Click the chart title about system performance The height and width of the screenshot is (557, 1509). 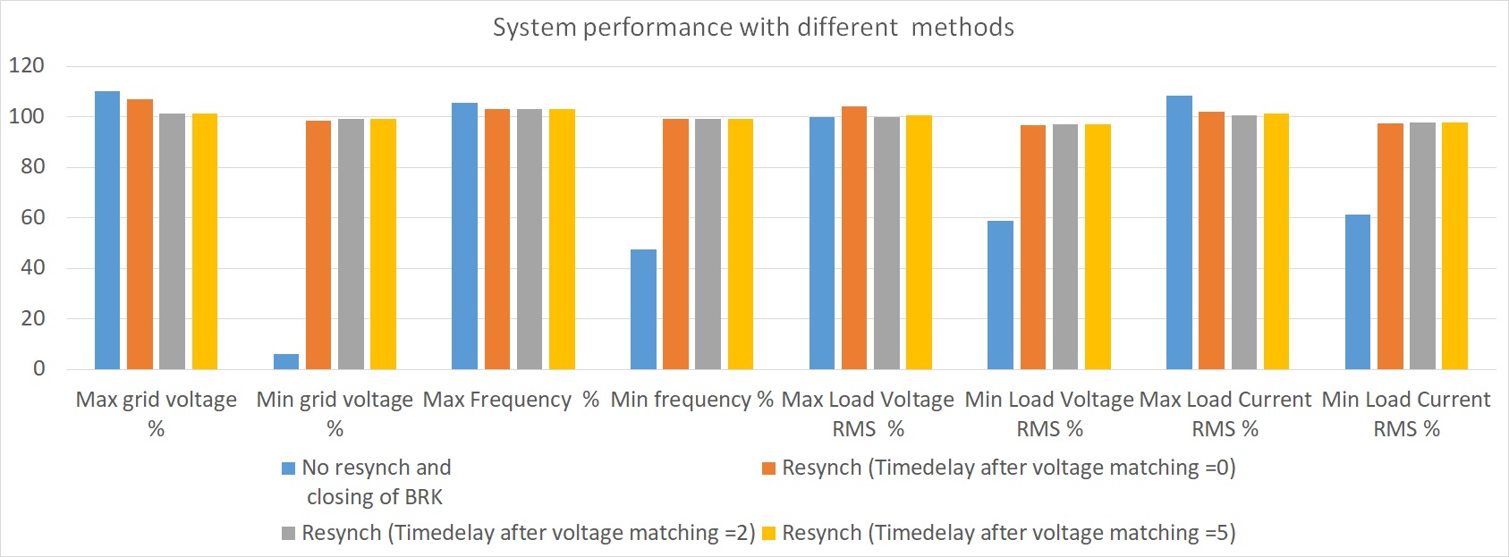point(753,28)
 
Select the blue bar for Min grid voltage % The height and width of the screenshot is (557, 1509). point(286,361)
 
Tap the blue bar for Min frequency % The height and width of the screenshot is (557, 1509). point(643,309)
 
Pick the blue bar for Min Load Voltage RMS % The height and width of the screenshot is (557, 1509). point(1000,295)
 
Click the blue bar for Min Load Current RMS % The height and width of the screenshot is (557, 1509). point(1358,291)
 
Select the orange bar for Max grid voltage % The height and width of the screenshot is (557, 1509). point(140,234)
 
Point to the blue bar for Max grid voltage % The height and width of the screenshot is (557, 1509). point(107,230)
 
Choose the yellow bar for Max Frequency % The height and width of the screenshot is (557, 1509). point(562,239)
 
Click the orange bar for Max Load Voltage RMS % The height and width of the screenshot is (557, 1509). point(854,238)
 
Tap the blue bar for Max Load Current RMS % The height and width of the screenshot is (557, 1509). point(1179,232)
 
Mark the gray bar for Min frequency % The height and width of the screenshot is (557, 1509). point(708,244)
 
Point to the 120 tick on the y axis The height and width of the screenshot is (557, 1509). point(27,65)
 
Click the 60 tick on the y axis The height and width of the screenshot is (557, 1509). point(32,217)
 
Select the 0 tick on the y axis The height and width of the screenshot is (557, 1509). point(38,368)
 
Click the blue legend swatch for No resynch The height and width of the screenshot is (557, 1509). point(288,468)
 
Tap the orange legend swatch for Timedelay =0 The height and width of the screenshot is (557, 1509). point(768,468)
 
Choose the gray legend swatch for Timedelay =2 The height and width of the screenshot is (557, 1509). point(288,534)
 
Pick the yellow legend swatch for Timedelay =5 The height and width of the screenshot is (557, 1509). point(768,534)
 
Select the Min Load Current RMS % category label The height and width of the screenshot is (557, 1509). point(1406,414)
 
